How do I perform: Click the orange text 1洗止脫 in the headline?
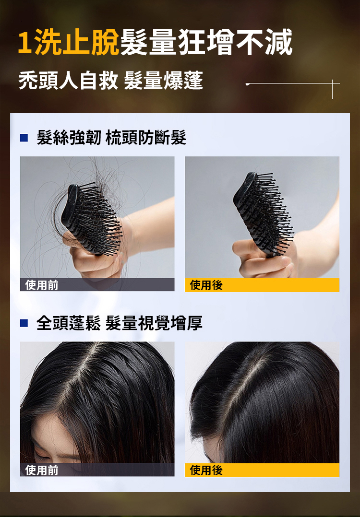(68, 43)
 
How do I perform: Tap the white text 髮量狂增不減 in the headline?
(206, 43)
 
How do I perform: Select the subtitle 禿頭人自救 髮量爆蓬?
(110, 81)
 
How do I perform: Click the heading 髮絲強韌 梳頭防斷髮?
(111, 138)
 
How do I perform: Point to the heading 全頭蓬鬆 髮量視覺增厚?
(120, 323)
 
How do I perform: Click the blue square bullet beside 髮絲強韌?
(24, 138)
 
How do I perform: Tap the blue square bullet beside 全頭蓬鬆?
(24, 323)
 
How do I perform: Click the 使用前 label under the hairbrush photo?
(42, 285)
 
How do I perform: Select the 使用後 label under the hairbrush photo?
(206, 285)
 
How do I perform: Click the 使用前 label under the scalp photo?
(42, 470)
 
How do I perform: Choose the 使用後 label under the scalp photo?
(206, 470)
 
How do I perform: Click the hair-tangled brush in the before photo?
(91, 219)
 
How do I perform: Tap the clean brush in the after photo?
(263, 212)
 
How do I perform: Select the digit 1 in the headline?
(24, 43)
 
